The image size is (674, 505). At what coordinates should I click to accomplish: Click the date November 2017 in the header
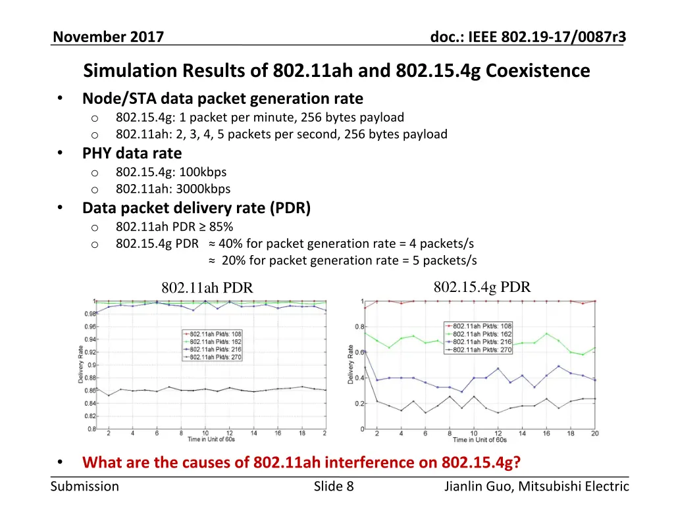(108, 37)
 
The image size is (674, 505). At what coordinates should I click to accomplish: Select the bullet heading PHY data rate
(132, 153)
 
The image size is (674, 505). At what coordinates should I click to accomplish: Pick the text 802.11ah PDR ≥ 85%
(174, 228)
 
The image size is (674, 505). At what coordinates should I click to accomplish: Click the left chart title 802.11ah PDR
(207, 288)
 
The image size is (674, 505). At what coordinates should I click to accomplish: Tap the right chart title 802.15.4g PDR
(482, 287)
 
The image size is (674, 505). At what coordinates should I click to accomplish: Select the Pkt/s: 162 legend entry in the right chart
(482, 334)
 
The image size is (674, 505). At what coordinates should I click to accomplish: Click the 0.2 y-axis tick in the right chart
(360, 404)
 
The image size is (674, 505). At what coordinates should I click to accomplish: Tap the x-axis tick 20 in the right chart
(594, 434)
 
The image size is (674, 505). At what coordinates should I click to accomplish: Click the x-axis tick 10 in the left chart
(205, 433)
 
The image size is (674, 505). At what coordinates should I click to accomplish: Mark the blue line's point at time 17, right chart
(558, 366)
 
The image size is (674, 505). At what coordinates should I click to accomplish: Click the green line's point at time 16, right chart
(546, 333)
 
